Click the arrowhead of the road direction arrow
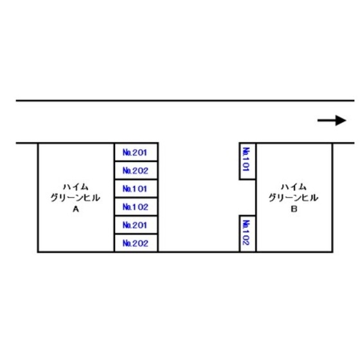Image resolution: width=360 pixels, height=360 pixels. [341, 120]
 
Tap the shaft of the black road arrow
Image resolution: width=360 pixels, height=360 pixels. [327, 120]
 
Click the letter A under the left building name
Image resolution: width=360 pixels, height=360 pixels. [76, 209]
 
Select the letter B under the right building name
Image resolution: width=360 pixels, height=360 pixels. [294, 209]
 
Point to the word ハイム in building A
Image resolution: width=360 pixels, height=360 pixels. [76, 187]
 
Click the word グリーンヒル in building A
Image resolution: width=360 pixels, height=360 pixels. [75, 198]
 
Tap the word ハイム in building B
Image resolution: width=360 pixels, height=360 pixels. [294, 187]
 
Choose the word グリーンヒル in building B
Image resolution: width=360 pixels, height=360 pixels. [293, 198]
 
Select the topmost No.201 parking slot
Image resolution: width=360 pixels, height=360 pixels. [136, 152]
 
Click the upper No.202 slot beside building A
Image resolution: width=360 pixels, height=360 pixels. [136, 170]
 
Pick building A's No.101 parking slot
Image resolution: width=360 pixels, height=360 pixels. [136, 188]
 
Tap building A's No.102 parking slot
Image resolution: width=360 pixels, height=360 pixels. [136, 206]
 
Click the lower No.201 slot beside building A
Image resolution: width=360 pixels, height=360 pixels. [136, 225]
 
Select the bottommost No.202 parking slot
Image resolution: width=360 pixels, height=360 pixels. [136, 243]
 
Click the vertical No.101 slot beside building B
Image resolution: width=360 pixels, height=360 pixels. [248, 161]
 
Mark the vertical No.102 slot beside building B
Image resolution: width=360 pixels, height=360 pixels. [248, 233]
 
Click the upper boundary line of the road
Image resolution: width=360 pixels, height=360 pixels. [185, 100]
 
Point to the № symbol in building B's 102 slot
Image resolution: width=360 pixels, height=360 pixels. [246, 224]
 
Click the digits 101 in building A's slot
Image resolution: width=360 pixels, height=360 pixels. [139, 189]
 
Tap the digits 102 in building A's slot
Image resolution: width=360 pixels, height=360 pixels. [139, 207]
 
